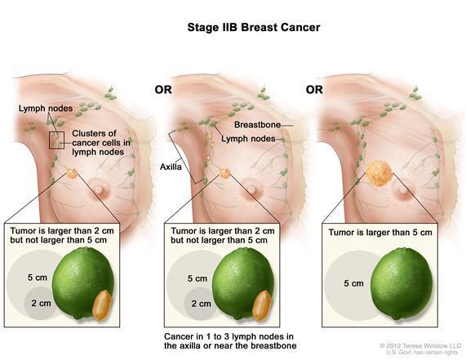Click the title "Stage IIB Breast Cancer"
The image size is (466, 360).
(x=254, y=28)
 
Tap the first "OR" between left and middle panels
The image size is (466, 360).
(x=163, y=90)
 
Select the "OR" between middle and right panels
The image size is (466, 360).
(x=314, y=90)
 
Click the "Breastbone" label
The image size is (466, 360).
(x=257, y=125)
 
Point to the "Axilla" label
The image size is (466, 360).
(x=171, y=167)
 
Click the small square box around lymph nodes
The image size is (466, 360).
(x=56, y=140)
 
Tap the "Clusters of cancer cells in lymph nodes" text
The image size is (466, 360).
(x=100, y=143)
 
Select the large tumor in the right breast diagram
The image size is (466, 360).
(x=379, y=173)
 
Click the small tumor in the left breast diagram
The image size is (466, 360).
(x=72, y=173)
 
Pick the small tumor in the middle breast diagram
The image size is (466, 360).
(x=224, y=173)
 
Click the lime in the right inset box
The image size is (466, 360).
(x=402, y=283)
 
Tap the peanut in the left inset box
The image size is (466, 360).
(x=102, y=305)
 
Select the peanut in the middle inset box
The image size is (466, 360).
(x=261, y=305)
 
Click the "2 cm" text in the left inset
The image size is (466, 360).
(x=41, y=303)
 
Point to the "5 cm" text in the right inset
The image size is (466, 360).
(x=353, y=283)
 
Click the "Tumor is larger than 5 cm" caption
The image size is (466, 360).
(x=380, y=233)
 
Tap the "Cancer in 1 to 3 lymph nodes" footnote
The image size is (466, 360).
(x=229, y=336)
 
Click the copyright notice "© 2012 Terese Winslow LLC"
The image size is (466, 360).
(x=420, y=346)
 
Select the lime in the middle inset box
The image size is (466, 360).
(x=243, y=283)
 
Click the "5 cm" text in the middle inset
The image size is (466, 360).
(x=197, y=278)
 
